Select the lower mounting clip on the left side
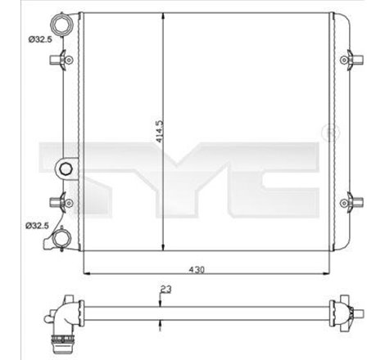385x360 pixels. tap(59, 201)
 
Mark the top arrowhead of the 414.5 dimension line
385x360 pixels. tap(165, 16)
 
